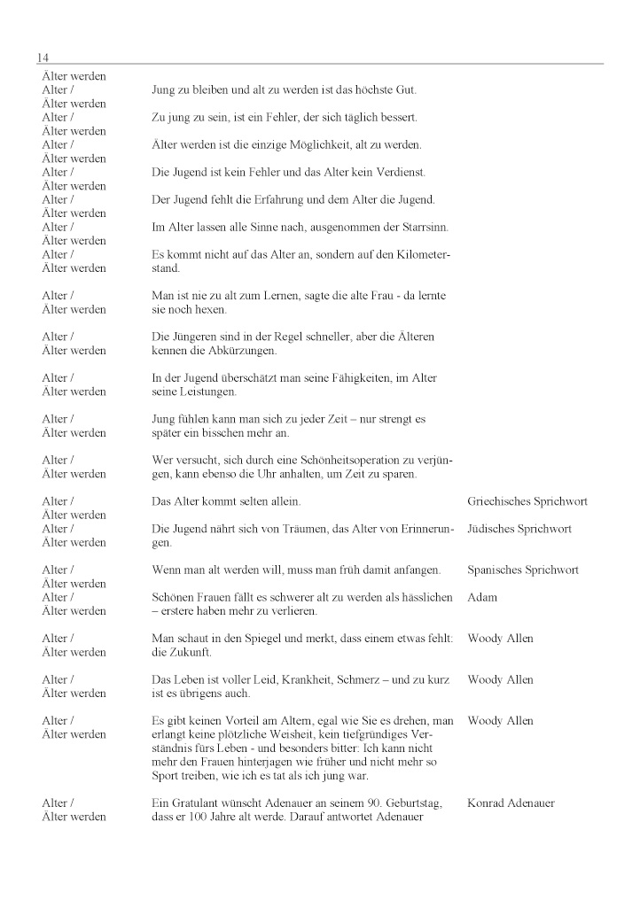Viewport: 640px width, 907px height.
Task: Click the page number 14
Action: [43, 58]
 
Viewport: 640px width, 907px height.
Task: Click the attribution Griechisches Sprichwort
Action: [527, 501]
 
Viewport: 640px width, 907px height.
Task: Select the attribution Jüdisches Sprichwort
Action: [519, 529]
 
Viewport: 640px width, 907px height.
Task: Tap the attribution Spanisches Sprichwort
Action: [522, 570]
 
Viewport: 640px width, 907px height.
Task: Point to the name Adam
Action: [482, 597]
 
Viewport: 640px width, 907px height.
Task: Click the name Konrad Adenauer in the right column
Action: [511, 802]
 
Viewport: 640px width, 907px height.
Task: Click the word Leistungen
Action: [207, 391]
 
